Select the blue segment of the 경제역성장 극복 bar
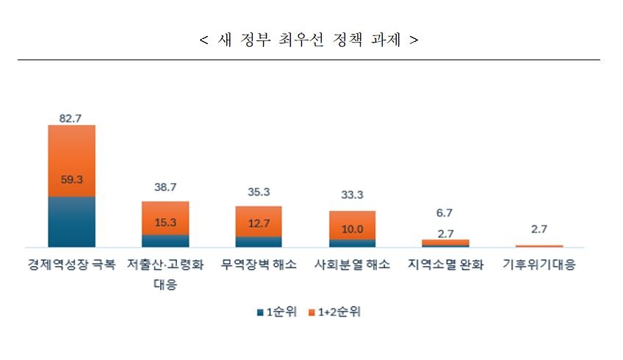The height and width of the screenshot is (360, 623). [x=71, y=221]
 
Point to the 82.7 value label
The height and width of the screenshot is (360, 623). [x=71, y=117]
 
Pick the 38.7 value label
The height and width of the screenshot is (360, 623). [x=165, y=187]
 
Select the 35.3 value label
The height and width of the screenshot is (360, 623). [x=259, y=192]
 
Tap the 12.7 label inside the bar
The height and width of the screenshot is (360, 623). [x=259, y=223]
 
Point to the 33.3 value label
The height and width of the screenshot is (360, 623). [x=352, y=195]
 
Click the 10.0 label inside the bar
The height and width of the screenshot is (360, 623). [x=352, y=228]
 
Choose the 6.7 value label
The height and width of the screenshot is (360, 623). [x=445, y=212]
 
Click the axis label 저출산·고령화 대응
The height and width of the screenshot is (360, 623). [x=165, y=274]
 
